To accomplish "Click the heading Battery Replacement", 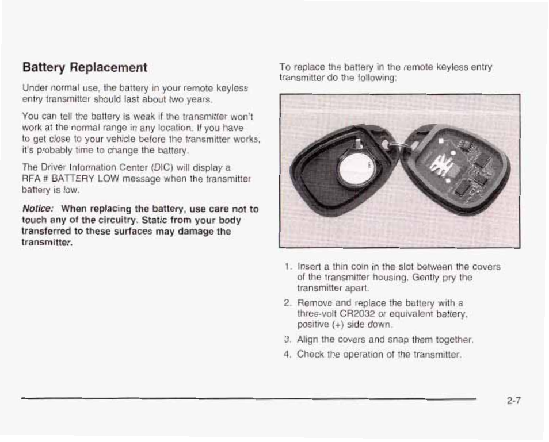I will (85, 67).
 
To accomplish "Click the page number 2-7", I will (514, 401).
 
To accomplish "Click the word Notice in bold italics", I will (38, 208).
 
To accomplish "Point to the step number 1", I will (287, 267).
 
